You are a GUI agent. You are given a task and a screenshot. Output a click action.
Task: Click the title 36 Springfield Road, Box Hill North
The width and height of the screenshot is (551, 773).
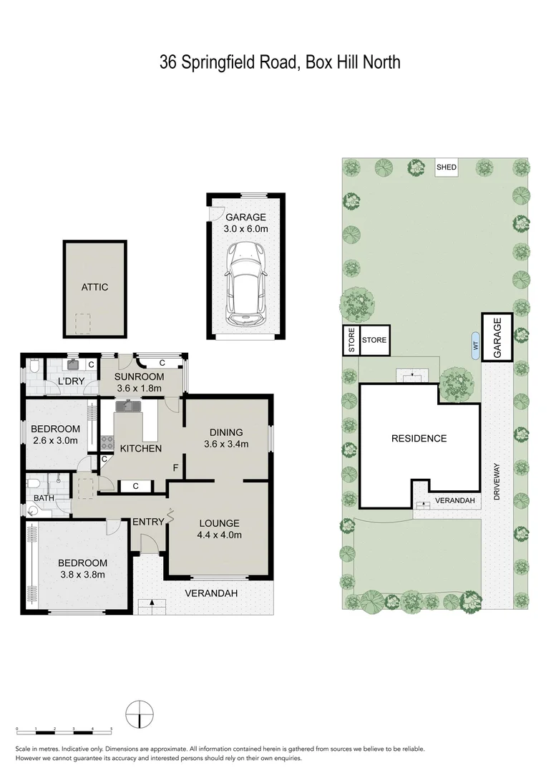coord(280,62)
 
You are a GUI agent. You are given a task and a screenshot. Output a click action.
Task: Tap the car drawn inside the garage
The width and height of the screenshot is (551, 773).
coord(245,282)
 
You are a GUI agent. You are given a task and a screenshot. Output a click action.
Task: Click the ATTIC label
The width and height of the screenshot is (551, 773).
coord(94,287)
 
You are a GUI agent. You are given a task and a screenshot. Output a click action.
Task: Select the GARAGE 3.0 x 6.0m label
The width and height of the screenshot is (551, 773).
coord(246,223)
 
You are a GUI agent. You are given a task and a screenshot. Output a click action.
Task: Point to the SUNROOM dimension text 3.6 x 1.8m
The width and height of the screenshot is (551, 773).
coord(140,389)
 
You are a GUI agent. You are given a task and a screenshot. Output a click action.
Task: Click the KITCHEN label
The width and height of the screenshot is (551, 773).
coord(140,449)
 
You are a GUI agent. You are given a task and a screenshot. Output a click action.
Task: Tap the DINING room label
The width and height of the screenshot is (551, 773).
coord(226,432)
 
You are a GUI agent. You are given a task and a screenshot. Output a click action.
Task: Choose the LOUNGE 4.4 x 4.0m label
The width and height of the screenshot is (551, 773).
coord(220,528)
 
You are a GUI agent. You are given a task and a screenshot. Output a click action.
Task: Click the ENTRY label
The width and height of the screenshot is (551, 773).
coord(148,522)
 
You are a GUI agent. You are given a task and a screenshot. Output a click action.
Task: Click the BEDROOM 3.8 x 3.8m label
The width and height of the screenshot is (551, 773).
coord(82,568)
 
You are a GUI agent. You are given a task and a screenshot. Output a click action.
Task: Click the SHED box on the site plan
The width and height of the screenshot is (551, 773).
coord(447,167)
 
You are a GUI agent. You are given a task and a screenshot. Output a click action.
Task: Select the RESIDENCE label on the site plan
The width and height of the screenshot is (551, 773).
coord(419,439)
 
